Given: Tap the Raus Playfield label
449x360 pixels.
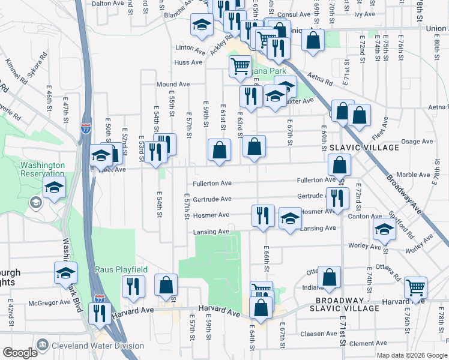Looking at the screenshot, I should point(120,270).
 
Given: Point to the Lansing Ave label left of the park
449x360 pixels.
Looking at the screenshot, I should point(211,232).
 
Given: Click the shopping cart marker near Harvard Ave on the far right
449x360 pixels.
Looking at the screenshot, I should point(415,287).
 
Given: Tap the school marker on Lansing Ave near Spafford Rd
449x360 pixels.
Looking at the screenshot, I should point(384,228).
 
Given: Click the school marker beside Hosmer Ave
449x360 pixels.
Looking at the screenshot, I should point(290,218).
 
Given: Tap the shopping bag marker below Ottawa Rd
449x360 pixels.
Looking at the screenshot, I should point(330,277).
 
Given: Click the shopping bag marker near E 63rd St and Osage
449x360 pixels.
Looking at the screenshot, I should point(255,146).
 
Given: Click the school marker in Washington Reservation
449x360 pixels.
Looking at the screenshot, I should point(54,187).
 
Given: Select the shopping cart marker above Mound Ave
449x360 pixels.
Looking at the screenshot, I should point(240,65).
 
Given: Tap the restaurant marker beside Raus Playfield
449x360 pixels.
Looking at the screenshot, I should point(133,286).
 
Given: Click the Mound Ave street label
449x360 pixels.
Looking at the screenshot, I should point(173,85).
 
